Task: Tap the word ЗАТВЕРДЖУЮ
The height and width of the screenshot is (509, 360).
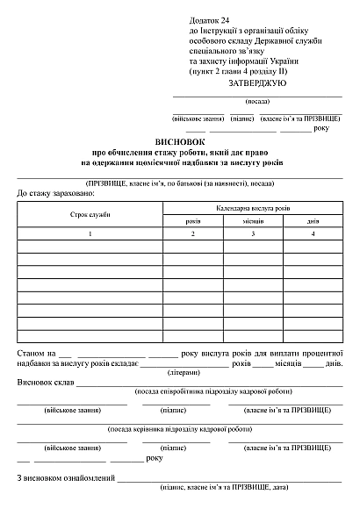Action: (256, 82)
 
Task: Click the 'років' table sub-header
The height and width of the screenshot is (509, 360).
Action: (192, 221)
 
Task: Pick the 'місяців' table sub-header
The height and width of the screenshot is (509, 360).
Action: (253, 221)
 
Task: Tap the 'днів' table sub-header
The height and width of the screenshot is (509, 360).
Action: (313, 221)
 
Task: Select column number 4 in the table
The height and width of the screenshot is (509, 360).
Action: (313, 234)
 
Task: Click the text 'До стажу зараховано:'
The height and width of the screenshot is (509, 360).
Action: (54, 191)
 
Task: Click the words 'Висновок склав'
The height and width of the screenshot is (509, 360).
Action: (45, 384)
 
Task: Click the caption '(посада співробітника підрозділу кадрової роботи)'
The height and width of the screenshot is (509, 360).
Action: (206, 391)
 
